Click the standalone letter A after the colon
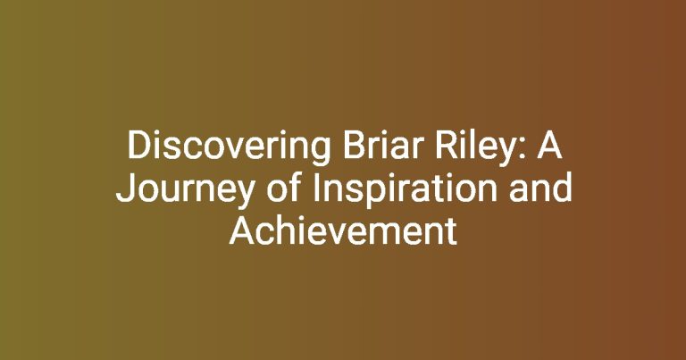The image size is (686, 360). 549,146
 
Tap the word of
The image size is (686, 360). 284,188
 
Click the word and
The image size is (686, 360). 540,188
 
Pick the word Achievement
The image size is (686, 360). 343,230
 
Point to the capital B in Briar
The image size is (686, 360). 354,146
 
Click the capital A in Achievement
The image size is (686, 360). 241,231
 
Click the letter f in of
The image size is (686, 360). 296,187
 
